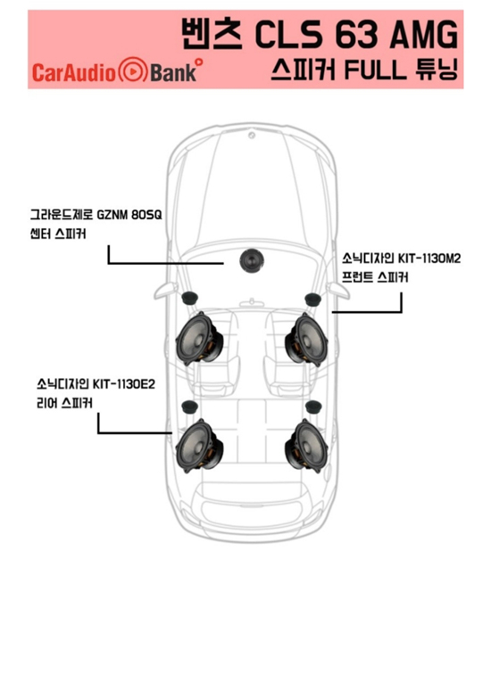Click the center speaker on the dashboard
pyautogui.click(x=252, y=260)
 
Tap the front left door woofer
pyautogui.click(x=199, y=338)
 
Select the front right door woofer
pyautogui.click(x=307, y=339)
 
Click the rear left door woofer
pyautogui.click(x=199, y=446)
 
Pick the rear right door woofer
pyautogui.click(x=307, y=446)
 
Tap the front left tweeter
pyautogui.click(x=191, y=298)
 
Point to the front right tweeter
pyautogui.click(x=312, y=300)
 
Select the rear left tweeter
pyautogui.click(x=190, y=407)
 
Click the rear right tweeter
pyautogui.click(x=313, y=407)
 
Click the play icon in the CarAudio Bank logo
pyautogui.click(x=132, y=70)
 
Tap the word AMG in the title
pyautogui.click(x=423, y=35)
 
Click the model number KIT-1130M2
pyautogui.click(x=429, y=259)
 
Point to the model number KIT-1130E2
pyautogui.click(x=123, y=383)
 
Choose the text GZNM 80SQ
pyautogui.click(x=129, y=215)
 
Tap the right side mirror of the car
pyautogui.click(x=337, y=291)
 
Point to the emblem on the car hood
pyautogui.click(x=252, y=135)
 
